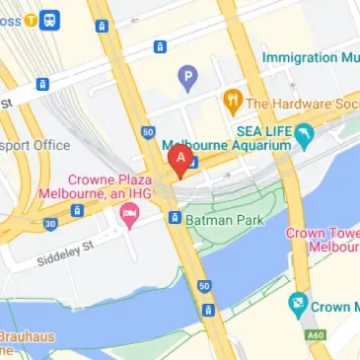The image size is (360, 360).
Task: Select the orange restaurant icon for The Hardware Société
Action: click(233, 99)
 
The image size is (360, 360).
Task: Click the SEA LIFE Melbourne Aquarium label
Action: click(237, 137)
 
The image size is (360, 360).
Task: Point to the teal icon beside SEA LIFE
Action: click(303, 131)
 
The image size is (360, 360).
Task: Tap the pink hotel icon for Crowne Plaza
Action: click(127, 214)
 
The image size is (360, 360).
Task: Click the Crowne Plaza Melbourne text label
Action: click(108, 188)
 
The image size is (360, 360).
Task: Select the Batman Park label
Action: click(225, 219)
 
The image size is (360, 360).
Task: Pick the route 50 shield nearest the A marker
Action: click(148, 131)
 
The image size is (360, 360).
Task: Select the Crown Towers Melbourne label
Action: click(324, 240)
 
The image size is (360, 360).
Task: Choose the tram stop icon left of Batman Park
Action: click(174, 218)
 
